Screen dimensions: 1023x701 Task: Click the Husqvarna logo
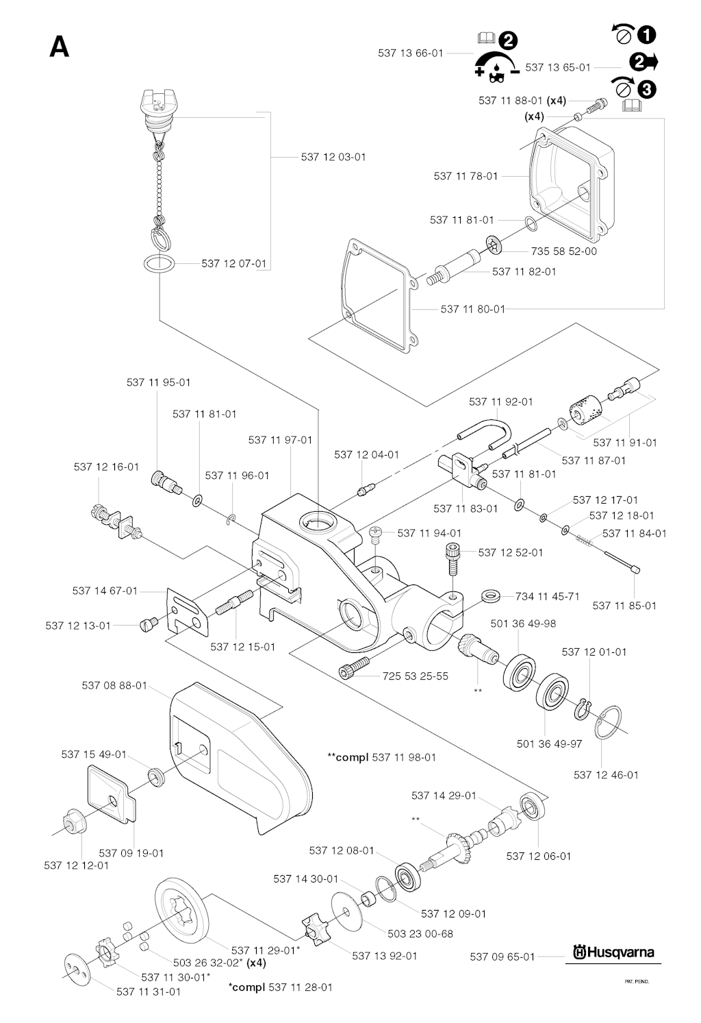click(x=614, y=952)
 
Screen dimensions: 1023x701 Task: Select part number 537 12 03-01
click(x=333, y=157)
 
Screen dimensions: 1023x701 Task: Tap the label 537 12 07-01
click(x=234, y=263)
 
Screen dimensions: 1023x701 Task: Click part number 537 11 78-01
click(x=466, y=176)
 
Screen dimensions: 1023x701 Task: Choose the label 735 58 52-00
click(x=564, y=251)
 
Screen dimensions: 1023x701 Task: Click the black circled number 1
click(x=646, y=34)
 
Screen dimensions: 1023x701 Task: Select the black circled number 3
click(x=646, y=88)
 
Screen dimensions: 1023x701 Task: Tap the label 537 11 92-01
click(x=500, y=402)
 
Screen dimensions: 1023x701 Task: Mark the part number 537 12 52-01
click(x=511, y=552)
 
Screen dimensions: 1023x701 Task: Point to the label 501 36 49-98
click(x=523, y=624)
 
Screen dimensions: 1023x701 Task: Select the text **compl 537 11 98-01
click(x=382, y=757)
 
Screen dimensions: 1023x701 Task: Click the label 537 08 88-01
click(x=114, y=685)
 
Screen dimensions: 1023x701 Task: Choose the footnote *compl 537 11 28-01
click(x=281, y=987)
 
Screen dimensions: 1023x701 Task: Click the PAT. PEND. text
click(x=637, y=981)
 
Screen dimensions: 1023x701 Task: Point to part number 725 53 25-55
click(x=416, y=676)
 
